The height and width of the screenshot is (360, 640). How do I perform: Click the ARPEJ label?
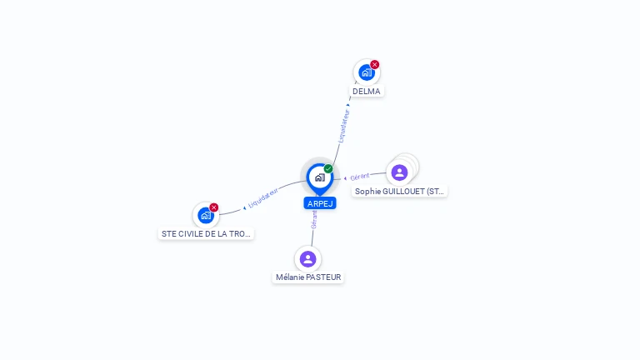point(320,203)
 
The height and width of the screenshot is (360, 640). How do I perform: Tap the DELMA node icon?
point(367,72)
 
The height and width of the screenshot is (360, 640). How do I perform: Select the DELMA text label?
point(367,92)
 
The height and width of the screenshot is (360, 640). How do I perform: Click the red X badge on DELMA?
point(375,64)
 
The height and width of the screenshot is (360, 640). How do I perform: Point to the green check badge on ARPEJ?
point(328,168)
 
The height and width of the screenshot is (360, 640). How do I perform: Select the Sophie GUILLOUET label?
point(399,192)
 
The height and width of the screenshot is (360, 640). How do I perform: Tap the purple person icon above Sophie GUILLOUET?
point(400,172)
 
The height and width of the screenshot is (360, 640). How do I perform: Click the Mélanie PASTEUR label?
point(308,277)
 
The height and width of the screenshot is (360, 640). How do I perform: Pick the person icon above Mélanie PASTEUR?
point(307,259)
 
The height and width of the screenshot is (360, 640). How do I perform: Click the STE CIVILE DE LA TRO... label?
point(206,234)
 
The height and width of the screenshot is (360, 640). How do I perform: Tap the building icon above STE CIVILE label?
point(206,215)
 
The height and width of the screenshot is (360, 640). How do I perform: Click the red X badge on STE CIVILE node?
point(214,207)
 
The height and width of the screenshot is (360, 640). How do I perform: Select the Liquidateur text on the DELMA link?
point(344,126)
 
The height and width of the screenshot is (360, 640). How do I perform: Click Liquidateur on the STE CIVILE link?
point(263,198)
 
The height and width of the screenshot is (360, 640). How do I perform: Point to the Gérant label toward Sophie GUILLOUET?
point(360,177)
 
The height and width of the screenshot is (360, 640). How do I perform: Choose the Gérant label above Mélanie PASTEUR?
point(314,220)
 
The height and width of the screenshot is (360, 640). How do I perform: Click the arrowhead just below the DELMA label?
point(348,105)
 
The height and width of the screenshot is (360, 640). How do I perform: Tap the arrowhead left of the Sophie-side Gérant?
point(345,178)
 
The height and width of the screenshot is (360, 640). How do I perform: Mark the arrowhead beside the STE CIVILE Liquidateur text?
point(244,208)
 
